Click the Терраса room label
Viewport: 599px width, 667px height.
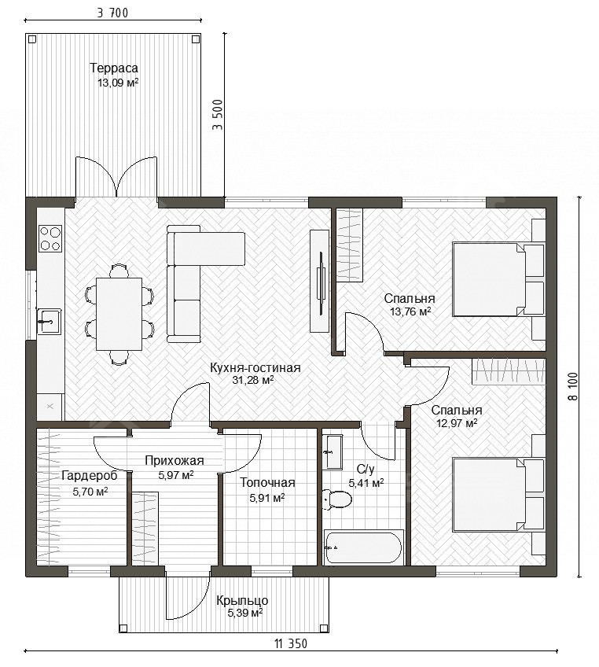click(x=114, y=68)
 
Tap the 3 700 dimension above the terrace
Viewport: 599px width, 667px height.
click(x=112, y=13)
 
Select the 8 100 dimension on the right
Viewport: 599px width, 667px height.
click(x=572, y=386)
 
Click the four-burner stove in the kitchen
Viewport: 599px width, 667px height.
click(x=50, y=238)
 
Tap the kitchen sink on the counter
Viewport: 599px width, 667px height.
click(x=50, y=322)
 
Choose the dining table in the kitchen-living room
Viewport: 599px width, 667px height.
click(x=119, y=314)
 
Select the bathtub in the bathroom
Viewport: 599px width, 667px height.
click(x=363, y=547)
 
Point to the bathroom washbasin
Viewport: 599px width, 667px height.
click(x=332, y=452)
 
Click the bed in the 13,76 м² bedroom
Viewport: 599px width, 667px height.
click(x=498, y=279)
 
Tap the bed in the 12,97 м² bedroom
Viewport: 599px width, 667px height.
click(x=498, y=494)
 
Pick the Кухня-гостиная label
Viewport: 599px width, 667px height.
click(x=255, y=368)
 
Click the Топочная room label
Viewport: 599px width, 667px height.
click(x=267, y=483)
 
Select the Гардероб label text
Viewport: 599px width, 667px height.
click(x=90, y=476)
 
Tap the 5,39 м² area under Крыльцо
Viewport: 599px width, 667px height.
click(x=245, y=613)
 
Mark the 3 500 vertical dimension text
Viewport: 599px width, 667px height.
click(x=218, y=115)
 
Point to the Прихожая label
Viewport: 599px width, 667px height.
click(x=175, y=460)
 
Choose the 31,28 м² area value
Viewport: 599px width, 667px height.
click(x=253, y=380)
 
